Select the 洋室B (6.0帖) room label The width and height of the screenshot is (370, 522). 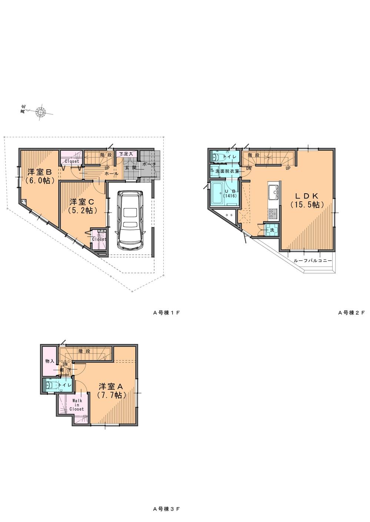41,176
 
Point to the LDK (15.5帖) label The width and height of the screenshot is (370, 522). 307,200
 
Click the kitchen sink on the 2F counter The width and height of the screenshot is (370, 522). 274,192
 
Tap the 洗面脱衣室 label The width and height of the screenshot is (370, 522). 227,171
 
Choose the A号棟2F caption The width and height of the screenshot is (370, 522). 351,312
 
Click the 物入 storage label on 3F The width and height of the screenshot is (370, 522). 50,361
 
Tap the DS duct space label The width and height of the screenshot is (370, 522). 229,215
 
